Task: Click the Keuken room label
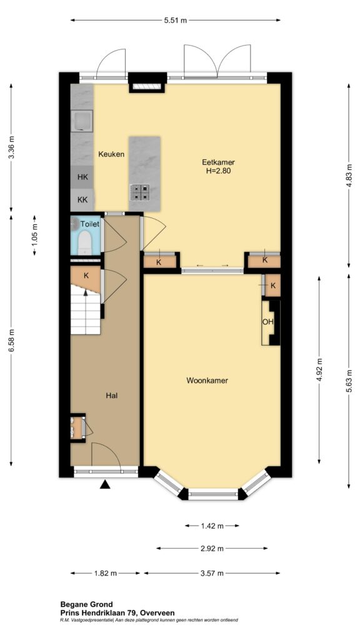(x=111, y=154)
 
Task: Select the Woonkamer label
(x=207, y=381)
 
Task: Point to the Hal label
(x=112, y=395)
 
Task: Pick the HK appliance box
(x=82, y=177)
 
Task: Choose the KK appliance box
(x=82, y=200)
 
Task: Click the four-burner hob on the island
(x=139, y=192)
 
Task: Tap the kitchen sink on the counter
(x=82, y=121)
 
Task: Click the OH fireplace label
(x=267, y=322)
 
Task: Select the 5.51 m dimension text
(x=176, y=21)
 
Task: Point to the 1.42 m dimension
(x=212, y=526)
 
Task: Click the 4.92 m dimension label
(x=319, y=370)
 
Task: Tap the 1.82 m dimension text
(x=105, y=574)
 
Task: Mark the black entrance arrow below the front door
(x=106, y=484)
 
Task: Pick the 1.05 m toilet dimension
(x=35, y=235)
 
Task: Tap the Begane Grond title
(x=86, y=604)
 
